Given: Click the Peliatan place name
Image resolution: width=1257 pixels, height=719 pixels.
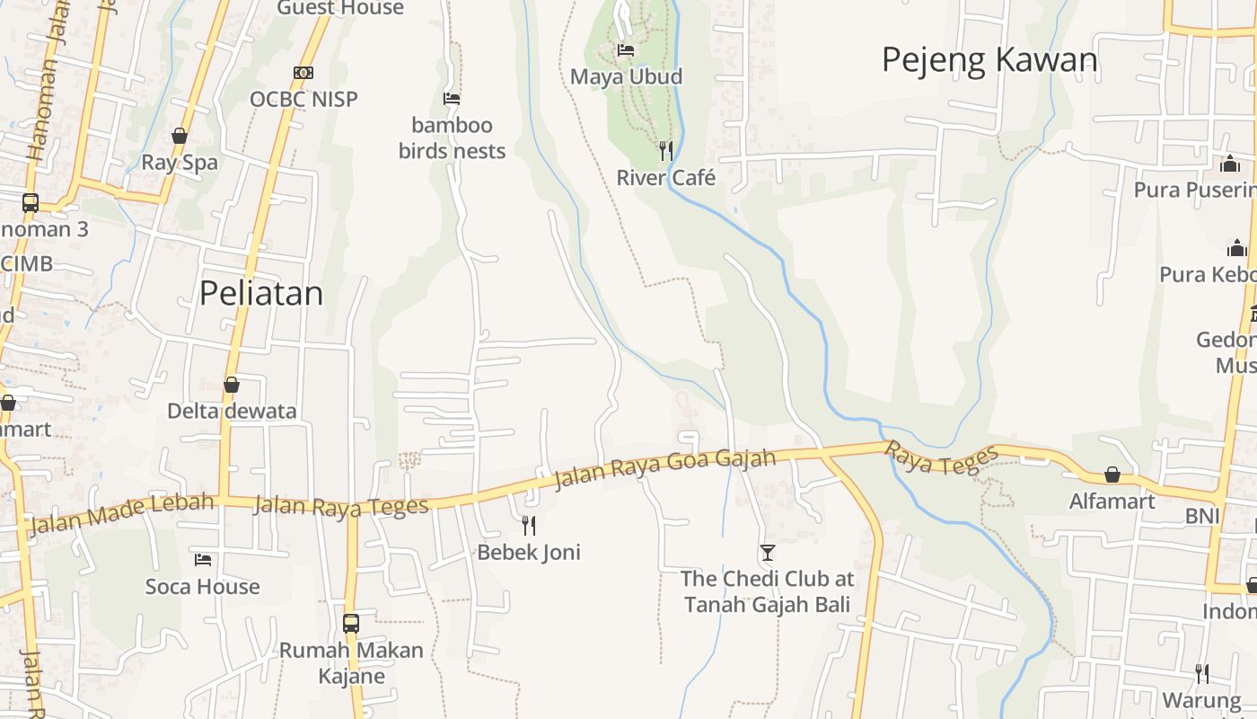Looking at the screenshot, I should [x=260, y=293].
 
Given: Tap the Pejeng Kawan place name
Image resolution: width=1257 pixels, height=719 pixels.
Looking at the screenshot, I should [x=989, y=60].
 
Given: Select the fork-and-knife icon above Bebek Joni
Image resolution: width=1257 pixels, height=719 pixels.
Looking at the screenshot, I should [x=529, y=525].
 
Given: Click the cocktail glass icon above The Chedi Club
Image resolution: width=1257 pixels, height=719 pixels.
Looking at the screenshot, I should [x=767, y=552].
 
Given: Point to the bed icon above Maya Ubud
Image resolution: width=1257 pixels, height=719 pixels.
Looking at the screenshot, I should [x=626, y=50].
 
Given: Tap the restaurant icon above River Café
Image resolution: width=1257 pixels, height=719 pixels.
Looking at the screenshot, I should [x=665, y=150].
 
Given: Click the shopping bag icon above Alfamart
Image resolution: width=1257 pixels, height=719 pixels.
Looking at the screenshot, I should [x=1112, y=474].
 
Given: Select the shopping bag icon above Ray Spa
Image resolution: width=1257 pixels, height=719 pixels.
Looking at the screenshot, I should [x=180, y=136].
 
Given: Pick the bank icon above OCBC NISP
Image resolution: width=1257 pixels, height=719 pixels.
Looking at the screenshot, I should [x=303, y=72].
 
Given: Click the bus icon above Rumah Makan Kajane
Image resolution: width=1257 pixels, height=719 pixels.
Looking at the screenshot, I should [x=351, y=623].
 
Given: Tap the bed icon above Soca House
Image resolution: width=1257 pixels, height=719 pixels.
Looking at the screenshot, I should [x=203, y=559].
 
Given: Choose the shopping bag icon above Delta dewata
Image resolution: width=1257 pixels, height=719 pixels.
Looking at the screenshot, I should [x=232, y=385].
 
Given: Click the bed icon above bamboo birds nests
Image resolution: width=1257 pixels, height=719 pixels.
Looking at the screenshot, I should [x=452, y=98].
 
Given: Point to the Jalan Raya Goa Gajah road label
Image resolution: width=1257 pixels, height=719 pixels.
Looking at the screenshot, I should [x=664, y=469].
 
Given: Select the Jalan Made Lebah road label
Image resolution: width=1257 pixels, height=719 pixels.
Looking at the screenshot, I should [x=121, y=513].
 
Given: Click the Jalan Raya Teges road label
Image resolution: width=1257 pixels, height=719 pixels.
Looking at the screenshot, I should [x=341, y=506].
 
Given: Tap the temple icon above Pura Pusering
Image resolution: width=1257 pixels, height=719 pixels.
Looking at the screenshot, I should [x=1230, y=164].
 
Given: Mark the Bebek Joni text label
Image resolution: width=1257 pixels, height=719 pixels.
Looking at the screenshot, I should [x=529, y=552].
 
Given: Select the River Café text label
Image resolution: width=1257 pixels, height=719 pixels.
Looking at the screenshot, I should [x=665, y=177].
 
